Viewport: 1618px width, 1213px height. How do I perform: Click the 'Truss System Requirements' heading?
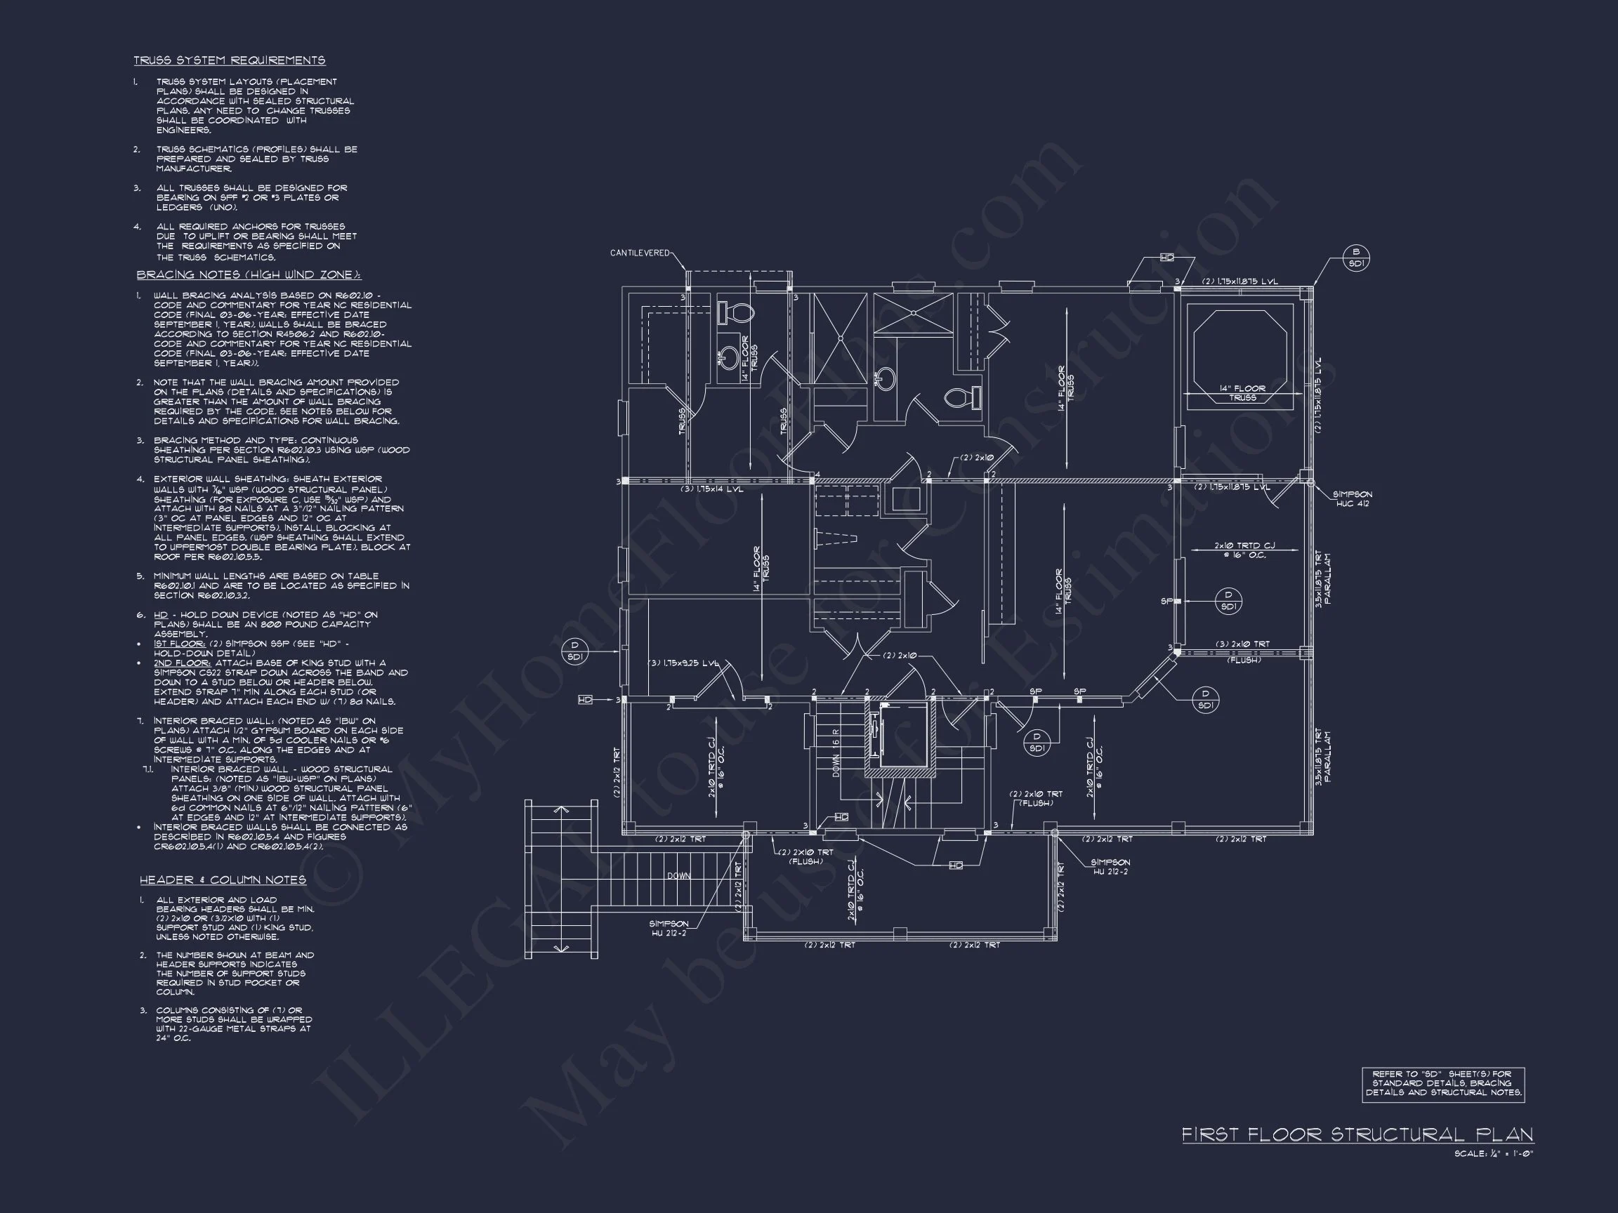click(x=229, y=60)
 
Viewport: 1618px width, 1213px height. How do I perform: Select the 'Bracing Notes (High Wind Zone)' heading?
click(x=249, y=275)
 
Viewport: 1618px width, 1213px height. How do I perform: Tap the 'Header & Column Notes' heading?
click(x=223, y=880)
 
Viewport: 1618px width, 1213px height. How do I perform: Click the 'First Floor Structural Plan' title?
click(x=1357, y=1134)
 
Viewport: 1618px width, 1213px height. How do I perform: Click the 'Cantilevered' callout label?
click(x=640, y=253)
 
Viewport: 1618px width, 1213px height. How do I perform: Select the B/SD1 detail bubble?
click(x=1356, y=258)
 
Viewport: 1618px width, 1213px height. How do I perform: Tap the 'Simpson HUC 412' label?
click(x=1352, y=499)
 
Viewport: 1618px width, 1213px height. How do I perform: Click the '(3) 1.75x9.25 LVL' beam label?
click(x=684, y=663)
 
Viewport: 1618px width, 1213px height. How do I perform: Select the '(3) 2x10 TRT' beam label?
click(x=1243, y=644)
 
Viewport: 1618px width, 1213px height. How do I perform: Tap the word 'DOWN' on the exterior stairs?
click(x=678, y=876)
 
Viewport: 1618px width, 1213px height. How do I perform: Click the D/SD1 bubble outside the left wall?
click(x=575, y=651)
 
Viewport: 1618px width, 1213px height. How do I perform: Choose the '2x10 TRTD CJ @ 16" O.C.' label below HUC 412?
click(x=1244, y=550)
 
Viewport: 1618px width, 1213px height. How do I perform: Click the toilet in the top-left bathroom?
click(x=735, y=314)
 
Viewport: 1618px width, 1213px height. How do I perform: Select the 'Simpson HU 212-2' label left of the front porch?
click(x=669, y=929)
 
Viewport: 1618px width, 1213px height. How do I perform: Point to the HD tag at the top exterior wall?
click(x=1166, y=258)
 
